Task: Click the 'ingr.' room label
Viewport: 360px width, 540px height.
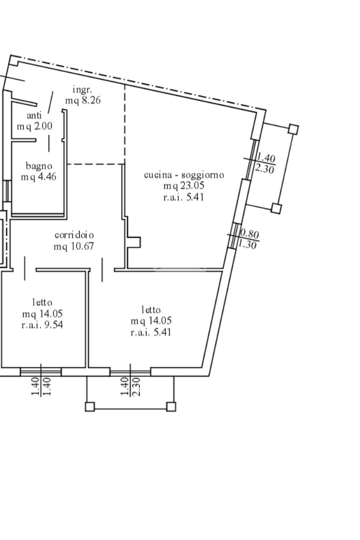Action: pyautogui.click(x=82, y=90)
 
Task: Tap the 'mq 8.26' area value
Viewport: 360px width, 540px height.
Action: pyautogui.click(x=83, y=100)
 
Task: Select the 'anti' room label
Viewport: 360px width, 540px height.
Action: pyautogui.click(x=34, y=115)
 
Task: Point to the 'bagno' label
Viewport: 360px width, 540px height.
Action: pyautogui.click(x=39, y=166)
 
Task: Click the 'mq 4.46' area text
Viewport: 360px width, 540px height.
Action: pyautogui.click(x=38, y=177)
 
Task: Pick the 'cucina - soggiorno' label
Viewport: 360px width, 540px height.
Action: pyautogui.click(x=184, y=175)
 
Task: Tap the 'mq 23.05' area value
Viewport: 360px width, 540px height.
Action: pyautogui.click(x=183, y=186)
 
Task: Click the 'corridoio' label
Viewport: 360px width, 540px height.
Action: pyautogui.click(x=74, y=235)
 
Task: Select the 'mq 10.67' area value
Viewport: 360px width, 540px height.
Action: pyautogui.click(x=74, y=246)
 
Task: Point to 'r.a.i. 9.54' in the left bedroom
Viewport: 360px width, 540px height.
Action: pyautogui.click(x=42, y=325)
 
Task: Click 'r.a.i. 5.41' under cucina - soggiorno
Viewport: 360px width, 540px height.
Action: pyautogui.click(x=183, y=197)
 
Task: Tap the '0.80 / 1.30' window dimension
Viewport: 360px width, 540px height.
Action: pyautogui.click(x=248, y=239)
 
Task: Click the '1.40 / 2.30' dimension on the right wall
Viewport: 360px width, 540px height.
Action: pyautogui.click(x=265, y=163)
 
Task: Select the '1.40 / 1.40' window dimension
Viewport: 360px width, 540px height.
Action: pyautogui.click(x=41, y=387)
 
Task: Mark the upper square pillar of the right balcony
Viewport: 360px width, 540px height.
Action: pyautogui.click(x=294, y=129)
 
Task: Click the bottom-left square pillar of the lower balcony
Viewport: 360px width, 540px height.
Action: pyautogui.click(x=90, y=407)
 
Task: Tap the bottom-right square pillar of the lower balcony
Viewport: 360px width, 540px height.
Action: pyautogui.click(x=171, y=407)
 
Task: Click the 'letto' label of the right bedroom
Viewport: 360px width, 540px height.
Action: pyautogui.click(x=151, y=310)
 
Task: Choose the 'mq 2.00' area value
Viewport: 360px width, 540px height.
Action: pyautogui.click(x=34, y=126)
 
